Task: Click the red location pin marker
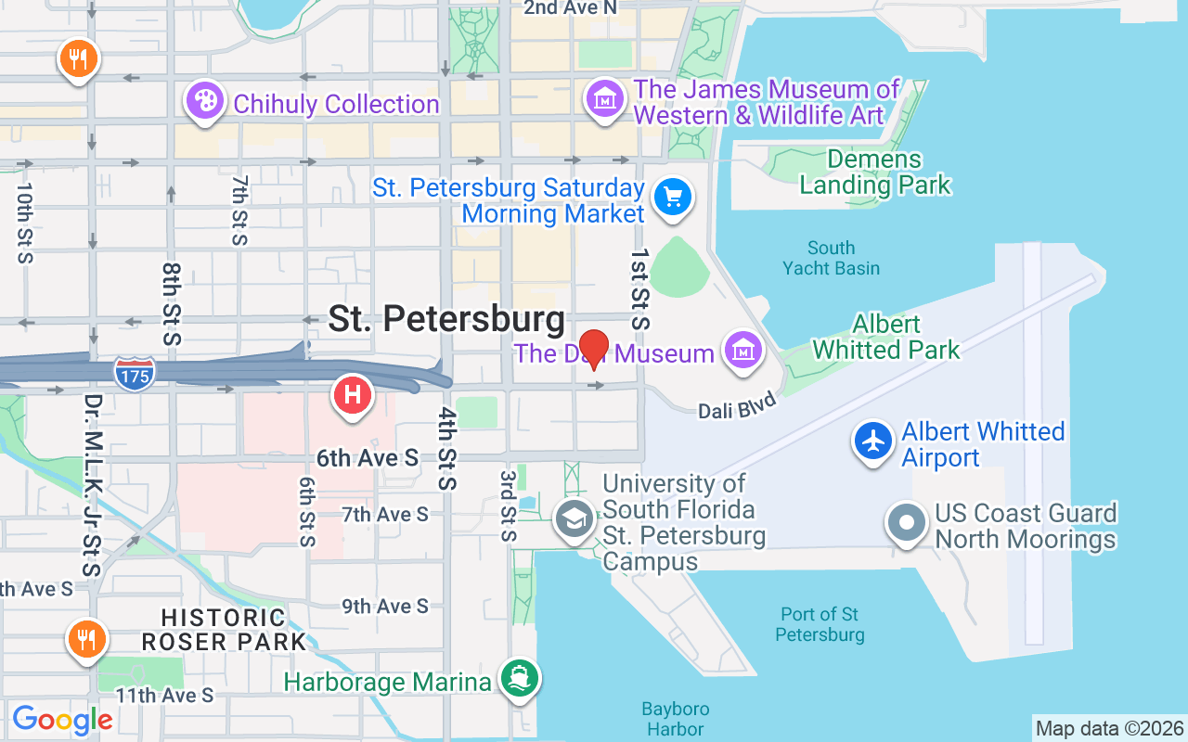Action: (594, 349)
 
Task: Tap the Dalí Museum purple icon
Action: (742, 350)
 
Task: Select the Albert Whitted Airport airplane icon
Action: (872, 441)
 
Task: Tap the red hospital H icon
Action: (352, 394)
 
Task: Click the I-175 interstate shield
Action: (135, 373)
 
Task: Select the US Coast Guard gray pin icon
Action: (907, 522)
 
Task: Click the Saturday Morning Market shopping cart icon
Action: (673, 198)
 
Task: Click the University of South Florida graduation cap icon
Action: (575, 519)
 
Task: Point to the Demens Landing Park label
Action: (874, 173)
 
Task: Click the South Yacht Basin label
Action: (831, 258)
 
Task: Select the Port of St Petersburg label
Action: (820, 624)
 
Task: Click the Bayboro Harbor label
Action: (676, 720)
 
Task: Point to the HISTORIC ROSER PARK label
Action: (224, 629)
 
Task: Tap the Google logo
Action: (62, 720)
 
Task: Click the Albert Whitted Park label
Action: (886, 337)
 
